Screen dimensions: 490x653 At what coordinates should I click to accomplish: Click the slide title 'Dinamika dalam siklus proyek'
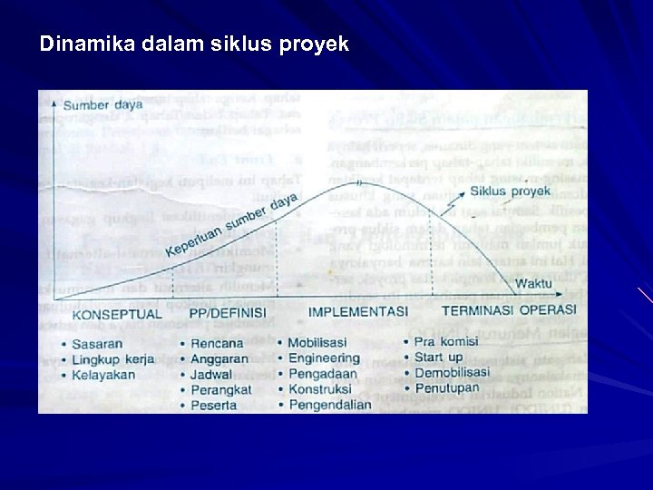194,44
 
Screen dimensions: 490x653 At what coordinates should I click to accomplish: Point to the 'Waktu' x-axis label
533,284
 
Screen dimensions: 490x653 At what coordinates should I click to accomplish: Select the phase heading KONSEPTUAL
116,315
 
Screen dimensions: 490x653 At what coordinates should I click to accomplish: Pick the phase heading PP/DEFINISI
228,315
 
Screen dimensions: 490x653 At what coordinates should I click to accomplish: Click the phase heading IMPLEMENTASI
357,312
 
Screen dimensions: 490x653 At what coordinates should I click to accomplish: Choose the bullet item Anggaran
219,359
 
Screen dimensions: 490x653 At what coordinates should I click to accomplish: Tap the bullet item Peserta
215,405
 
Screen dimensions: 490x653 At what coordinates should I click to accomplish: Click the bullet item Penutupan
446,388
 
